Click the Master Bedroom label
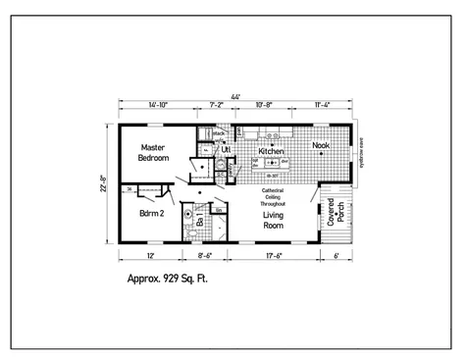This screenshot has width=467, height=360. tap(153, 152)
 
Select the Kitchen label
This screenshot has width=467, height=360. tap(271, 152)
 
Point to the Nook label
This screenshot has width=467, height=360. tap(321, 146)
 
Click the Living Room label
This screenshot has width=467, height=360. tap(273, 220)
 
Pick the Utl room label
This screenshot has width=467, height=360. tap(227, 150)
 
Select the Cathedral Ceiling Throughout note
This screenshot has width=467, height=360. tap(272, 195)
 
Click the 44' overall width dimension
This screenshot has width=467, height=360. tap(236, 96)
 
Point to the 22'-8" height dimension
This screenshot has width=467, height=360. tap(103, 182)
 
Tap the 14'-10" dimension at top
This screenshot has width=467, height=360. tap(158, 104)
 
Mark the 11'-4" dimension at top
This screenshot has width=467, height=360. tap(322, 104)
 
